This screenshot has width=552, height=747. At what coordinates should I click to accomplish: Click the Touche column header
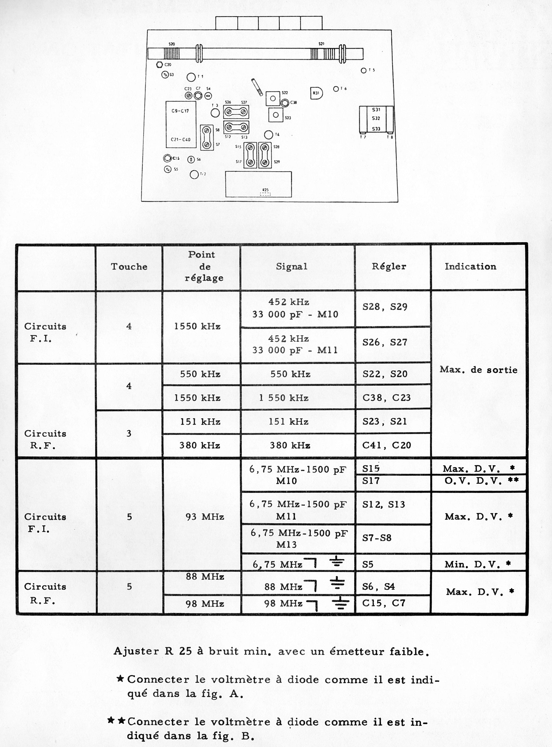(129, 266)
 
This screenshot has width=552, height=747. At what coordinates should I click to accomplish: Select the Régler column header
(389, 266)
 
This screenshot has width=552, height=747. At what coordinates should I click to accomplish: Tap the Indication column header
(470, 266)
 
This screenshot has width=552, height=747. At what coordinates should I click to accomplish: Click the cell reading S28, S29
(385, 307)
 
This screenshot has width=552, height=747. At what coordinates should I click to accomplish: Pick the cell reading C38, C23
(386, 398)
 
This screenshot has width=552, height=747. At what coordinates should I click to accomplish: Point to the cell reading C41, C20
(386, 445)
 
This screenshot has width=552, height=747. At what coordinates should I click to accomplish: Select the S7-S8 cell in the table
(377, 538)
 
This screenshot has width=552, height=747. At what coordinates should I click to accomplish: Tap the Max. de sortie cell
(478, 370)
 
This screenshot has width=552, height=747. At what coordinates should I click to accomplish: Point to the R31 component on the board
(316, 93)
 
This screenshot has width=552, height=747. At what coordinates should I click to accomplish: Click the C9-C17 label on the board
(180, 111)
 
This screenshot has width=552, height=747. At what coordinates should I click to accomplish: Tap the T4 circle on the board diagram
(269, 135)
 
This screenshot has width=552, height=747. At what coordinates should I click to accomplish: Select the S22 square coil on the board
(273, 98)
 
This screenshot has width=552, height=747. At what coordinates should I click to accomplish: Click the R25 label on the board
(265, 190)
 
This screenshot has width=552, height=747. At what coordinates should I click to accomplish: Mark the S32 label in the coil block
(376, 118)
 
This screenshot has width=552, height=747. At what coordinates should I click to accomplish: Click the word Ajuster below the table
(136, 651)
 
